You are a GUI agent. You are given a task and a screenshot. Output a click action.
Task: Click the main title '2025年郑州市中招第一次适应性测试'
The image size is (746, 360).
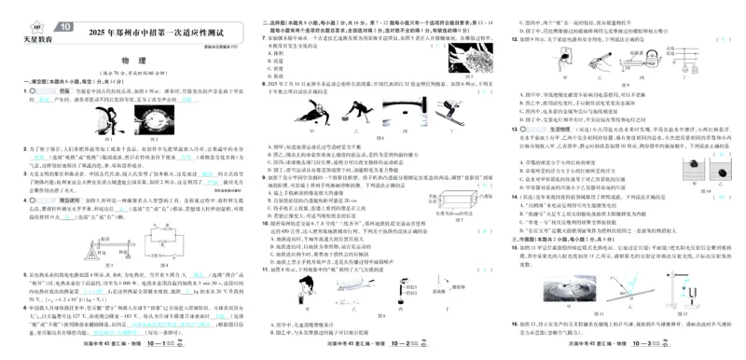tap(135, 35)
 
